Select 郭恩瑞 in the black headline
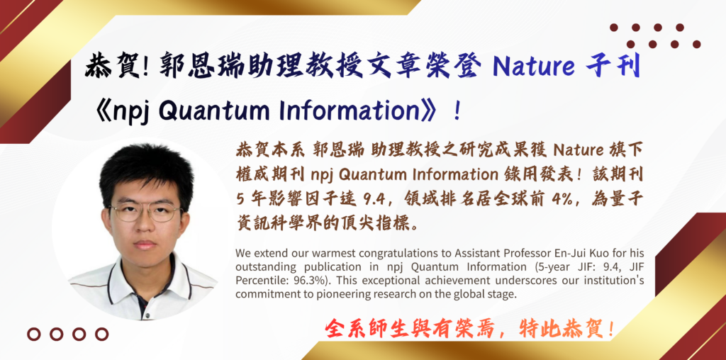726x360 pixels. (193, 67)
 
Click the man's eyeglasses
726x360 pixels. (146, 212)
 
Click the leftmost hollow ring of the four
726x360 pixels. (34, 334)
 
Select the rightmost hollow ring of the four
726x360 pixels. (101, 334)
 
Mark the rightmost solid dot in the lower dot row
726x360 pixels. (696, 45)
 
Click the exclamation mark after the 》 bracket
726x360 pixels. (457, 113)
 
